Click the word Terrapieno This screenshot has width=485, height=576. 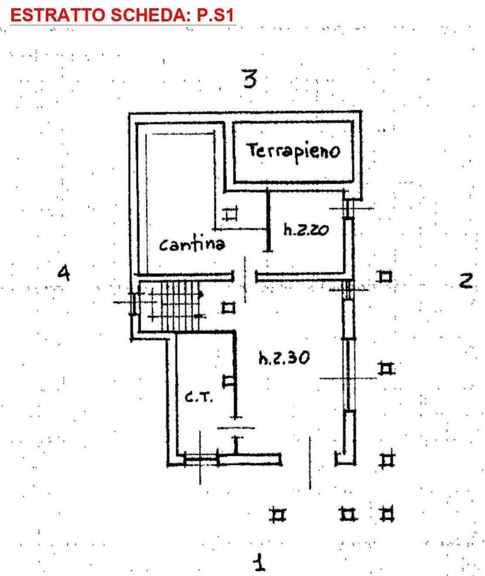294,151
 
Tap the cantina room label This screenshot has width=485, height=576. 192,244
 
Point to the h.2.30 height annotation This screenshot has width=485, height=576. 284,358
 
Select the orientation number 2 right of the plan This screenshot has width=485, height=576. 465,281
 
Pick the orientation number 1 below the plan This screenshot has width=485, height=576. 260,562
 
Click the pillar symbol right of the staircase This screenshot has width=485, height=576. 228,308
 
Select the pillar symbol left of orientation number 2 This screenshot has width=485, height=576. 385,277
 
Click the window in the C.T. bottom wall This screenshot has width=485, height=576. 201,459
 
